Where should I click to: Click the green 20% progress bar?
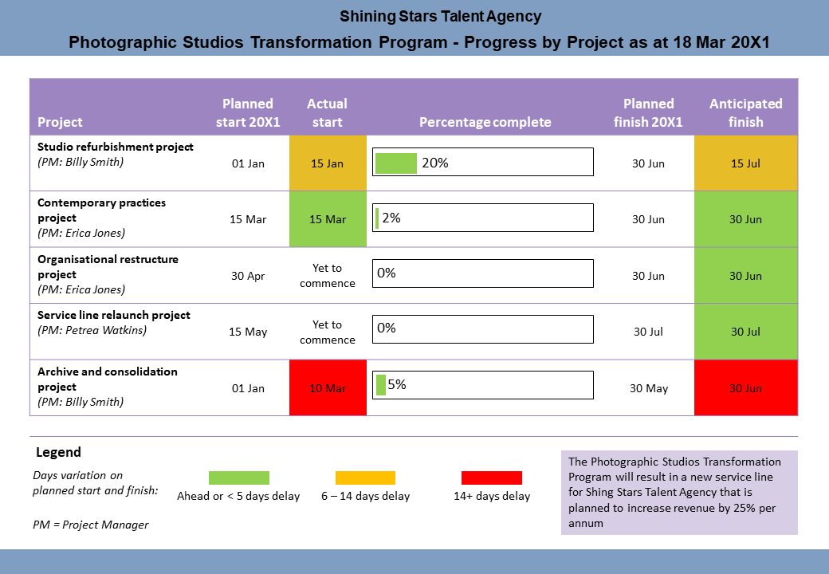point(396,163)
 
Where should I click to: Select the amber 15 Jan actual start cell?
point(327,163)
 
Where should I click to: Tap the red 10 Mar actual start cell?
point(327,388)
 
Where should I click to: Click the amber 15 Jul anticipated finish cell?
point(745,163)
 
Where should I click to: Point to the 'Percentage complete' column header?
point(485,122)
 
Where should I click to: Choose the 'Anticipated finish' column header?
point(745,112)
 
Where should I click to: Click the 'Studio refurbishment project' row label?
point(116,147)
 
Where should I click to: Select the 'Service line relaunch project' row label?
point(114,315)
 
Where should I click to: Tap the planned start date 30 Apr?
point(248,276)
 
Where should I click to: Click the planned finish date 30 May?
point(648,388)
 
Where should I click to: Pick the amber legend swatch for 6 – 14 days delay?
point(365,478)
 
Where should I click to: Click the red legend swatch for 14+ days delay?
point(491,478)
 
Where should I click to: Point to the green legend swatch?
point(238,478)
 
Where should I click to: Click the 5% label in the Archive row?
point(397,384)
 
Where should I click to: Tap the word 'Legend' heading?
point(58,452)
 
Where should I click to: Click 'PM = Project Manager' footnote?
point(90,524)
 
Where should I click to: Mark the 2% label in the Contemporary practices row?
point(391,217)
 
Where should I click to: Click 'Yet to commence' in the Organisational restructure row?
point(327,276)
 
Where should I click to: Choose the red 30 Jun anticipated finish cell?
point(745,388)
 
